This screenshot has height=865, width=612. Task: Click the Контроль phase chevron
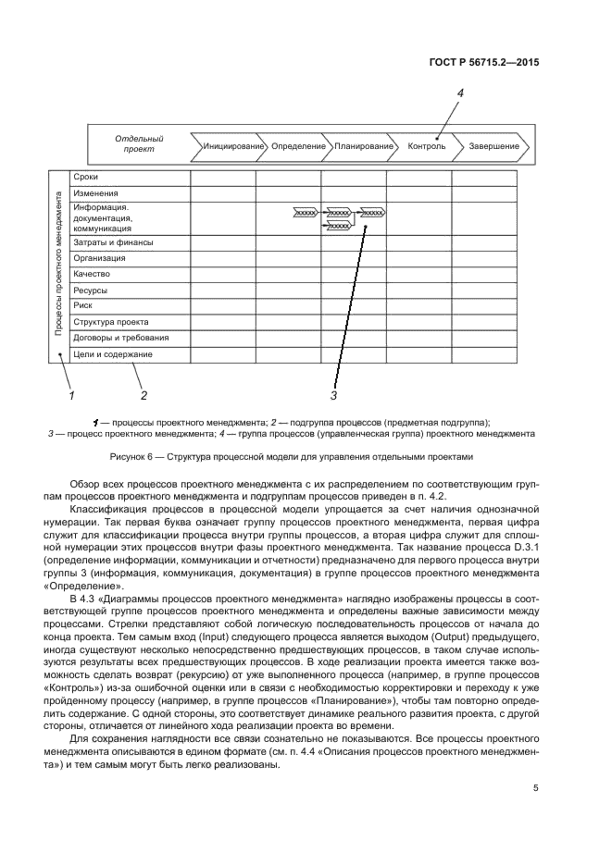426,146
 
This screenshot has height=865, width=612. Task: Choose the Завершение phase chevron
493,146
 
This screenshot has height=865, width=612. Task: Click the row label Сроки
86,177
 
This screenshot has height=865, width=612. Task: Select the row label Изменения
95,193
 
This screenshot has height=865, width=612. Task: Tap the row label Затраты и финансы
114,242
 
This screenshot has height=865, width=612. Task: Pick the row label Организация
100,258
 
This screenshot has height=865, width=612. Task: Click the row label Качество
93,275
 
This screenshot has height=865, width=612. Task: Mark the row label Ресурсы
93,290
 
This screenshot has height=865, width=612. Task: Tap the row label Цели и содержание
113,354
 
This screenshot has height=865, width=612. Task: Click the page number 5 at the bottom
535,788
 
